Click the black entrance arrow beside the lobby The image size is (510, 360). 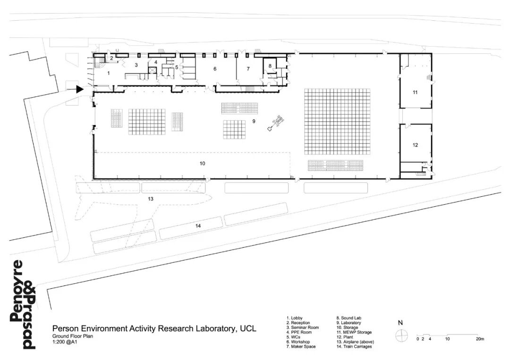coord(79,89)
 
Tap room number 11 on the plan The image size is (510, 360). coord(415,92)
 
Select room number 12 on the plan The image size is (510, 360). coord(415,145)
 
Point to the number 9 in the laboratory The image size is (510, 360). coord(254,121)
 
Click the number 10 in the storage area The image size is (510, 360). coord(202,163)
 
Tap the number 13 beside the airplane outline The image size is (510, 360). coord(151,199)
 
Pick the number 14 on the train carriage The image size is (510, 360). coord(198,226)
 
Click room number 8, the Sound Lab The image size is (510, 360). coord(270,66)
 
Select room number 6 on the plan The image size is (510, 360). coord(215,69)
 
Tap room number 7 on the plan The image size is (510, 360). coord(248,69)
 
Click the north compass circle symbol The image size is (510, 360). coord(401,335)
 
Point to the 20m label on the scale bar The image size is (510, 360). coord(480,339)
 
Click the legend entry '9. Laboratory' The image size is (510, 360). coord(348,323)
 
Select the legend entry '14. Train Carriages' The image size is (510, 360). coord(354,346)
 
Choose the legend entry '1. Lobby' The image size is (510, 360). coord(295,318)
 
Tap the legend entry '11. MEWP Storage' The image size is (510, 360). coord(354,332)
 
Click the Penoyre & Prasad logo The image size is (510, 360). coord(23,304)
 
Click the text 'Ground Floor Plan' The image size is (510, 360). coord(72,337)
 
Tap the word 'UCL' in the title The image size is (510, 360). coord(247,328)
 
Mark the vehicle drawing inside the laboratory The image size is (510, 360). coord(275,122)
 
